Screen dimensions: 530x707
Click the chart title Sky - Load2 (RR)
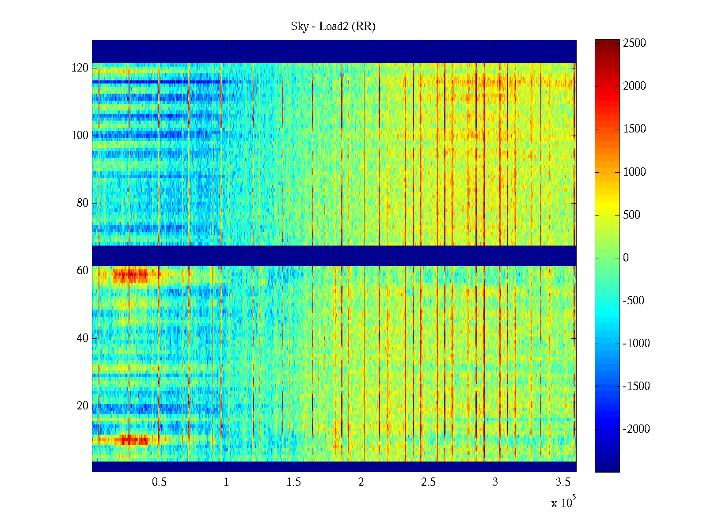click(333, 26)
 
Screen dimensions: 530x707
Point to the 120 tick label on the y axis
click(80, 68)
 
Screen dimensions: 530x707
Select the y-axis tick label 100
click(80, 136)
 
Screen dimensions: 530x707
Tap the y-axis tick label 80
click(83, 203)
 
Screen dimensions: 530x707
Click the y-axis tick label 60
click(83, 271)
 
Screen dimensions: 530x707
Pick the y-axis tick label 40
click(83, 338)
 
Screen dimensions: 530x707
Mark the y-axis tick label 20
click(83, 406)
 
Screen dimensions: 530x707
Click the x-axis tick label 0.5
click(159, 482)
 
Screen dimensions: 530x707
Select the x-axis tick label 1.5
click(294, 482)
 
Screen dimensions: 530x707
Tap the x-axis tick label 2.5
click(428, 482)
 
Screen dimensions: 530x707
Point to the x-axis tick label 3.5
click(563, 482)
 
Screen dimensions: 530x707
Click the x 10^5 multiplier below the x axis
click(563, 503)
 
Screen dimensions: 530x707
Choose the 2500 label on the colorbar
click(635, 43)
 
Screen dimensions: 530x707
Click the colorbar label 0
click(626, 258)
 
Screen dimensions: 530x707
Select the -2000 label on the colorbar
click(636, 429)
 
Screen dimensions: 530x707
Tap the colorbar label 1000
click(635, 172)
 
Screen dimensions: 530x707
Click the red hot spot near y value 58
click(131, 276)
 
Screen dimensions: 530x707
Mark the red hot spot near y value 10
click(133, 440)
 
